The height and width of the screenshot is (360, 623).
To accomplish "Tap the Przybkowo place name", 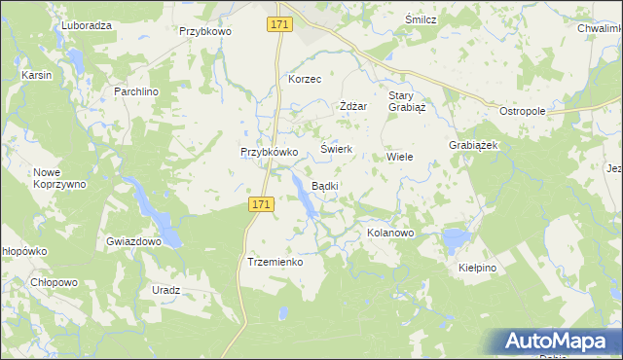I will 205,31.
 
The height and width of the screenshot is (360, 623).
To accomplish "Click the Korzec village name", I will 305,79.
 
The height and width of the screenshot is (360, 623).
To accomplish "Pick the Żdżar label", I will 352,106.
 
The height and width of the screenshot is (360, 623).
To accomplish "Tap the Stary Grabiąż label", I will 402,101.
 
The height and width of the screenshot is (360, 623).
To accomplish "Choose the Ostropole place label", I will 523,112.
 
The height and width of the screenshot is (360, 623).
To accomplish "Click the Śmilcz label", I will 421,19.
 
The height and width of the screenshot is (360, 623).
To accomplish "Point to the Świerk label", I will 336,150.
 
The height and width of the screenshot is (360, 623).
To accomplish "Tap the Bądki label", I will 324,186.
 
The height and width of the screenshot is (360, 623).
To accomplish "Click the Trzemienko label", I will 276,263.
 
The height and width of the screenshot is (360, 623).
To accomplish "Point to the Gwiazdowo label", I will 133,240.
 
